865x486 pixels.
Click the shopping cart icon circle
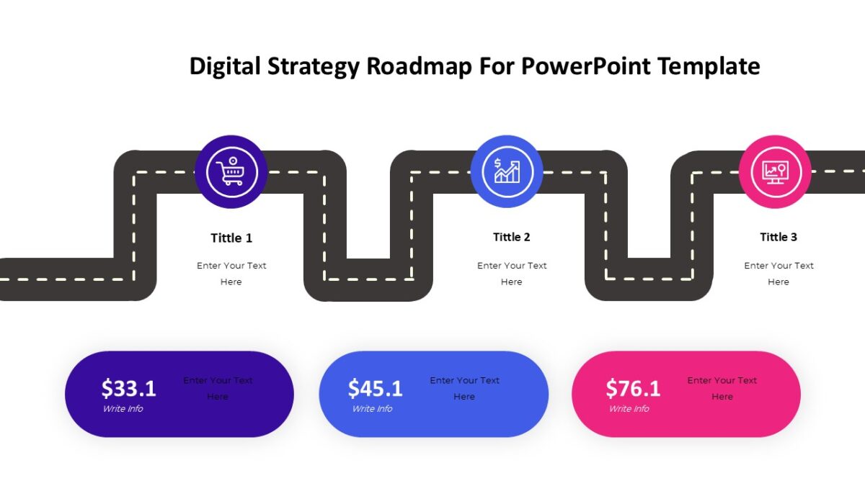tap(231, 172)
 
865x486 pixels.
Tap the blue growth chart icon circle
tap(506, 171)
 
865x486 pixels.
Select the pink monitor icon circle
tap(775, 172)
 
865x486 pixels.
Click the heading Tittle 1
tap(231, 238)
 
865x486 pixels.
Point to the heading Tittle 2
tap(512, 237)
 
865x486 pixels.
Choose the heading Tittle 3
tap(778, 237)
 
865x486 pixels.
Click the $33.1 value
tap(129, 389)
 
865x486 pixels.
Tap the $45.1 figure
tap(376, 389)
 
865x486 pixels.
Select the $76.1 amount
tap(633, 389)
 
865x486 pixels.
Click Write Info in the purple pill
tap(123, 409)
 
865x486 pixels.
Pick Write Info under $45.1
tap(372, 409)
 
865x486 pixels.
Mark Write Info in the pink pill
tap(629, 409)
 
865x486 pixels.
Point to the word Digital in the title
tap(225, 66)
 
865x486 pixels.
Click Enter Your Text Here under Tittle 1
tap(231, 274)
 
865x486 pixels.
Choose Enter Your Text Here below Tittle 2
tap(512, 274)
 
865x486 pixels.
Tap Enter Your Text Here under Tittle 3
tap(778, 274)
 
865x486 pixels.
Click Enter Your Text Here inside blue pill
tap(464, 388)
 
